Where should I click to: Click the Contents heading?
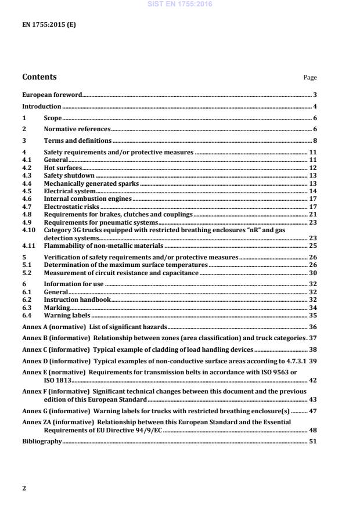[x=39, y=77]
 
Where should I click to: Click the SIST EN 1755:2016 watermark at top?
[x=180, y=4]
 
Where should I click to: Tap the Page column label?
[x=310, y=78]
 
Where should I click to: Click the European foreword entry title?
[x=52, y=95]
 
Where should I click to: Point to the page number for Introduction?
[x=314, y=107]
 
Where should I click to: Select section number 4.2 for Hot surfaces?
[x=26, y=168]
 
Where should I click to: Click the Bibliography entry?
[x=41, y=442]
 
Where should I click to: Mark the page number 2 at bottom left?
[x=24, y=488]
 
